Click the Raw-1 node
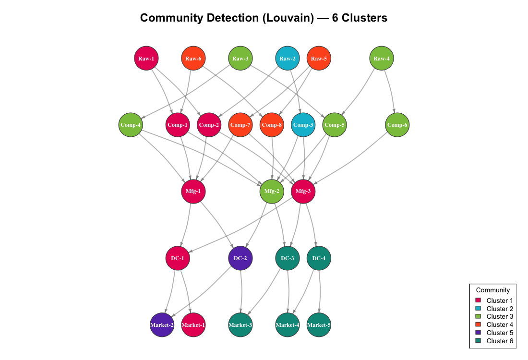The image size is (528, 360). click(146, 59)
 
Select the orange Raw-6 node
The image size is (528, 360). click(193, 59)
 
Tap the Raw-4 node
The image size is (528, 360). click(382, 59)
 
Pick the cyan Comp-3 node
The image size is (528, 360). click(303, 125)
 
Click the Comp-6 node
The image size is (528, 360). click(397, 125)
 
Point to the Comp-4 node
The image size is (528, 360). click(131, 125)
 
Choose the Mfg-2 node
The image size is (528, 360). click(272, 191)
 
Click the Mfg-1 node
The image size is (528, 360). click(193, 191)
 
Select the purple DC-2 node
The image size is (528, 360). click(240, 258)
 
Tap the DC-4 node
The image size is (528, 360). click(319, 258)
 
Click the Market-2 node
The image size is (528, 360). click(162, 324)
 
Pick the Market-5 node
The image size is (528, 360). click(319, 324)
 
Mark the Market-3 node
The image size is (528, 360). click(240, 324)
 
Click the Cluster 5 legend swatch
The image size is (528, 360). click(478, 333)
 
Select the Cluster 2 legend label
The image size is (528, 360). click(500, 309)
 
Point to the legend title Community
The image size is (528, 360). click(492, 290)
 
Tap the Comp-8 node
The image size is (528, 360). click(272, 125)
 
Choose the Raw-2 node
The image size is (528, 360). click(288, 59)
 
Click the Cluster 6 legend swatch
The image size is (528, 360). click(478, 341)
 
